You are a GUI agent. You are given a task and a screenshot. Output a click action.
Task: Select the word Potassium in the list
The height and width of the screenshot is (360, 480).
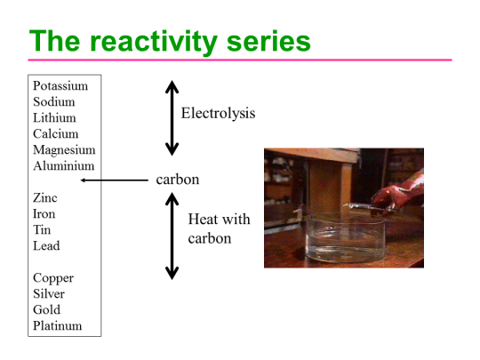pos(60,86)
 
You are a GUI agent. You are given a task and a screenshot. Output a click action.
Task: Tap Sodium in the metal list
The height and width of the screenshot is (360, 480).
pos(54,102)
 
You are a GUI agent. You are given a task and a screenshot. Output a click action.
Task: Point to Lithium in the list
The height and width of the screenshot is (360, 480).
pos(54,118)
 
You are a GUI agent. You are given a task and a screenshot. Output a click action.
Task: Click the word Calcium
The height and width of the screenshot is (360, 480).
pos(55,134)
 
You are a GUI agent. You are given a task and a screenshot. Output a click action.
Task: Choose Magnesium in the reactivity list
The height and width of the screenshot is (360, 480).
pos(64,150)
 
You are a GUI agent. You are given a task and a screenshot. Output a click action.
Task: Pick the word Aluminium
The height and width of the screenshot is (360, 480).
pos(63,166)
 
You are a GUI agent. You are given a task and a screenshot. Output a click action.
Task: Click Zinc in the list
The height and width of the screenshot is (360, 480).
pos(45,198)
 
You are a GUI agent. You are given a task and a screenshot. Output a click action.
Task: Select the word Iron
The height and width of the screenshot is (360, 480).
pos(44,214)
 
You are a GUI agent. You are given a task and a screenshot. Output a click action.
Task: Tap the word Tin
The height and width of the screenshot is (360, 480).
pos(42,230)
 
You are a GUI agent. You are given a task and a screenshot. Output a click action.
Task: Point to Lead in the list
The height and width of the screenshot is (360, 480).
pos(46,246)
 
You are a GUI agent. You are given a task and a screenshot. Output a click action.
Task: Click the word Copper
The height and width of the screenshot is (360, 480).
pos(52,278)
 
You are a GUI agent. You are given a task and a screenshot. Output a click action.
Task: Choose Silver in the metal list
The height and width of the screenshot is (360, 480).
pos(49,294)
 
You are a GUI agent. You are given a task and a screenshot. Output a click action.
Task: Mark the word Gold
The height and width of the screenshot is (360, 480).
pos(47,310)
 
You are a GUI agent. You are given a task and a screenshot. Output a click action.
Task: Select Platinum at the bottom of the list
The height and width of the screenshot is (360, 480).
pos(58,326)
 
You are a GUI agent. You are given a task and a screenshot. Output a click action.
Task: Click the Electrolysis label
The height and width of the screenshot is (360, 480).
pos(218,114)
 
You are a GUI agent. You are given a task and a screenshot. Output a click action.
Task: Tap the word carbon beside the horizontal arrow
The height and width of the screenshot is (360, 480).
pos(178,180)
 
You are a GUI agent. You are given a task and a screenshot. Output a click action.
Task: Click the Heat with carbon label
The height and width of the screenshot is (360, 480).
pos(219,228)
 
